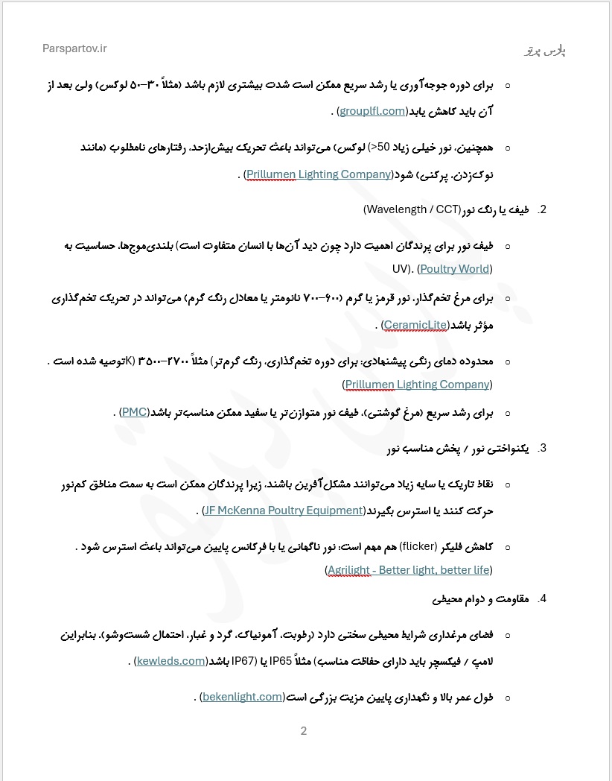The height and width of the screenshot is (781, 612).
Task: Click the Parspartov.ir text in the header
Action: (74, 48)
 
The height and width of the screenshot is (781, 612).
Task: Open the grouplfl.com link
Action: (373, 111)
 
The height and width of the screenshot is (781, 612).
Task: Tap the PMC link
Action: (135, 412)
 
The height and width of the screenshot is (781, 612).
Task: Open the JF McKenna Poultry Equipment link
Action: (283, 510)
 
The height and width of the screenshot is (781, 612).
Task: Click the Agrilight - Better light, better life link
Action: (409, 570)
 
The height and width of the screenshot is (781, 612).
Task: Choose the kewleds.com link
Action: (171, 660)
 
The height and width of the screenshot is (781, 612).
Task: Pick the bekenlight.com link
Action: (242, 697)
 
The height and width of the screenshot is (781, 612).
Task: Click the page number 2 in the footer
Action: (304, 731)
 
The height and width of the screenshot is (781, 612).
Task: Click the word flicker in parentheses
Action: (418, 546)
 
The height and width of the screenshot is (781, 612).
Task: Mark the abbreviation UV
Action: (400, 268)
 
